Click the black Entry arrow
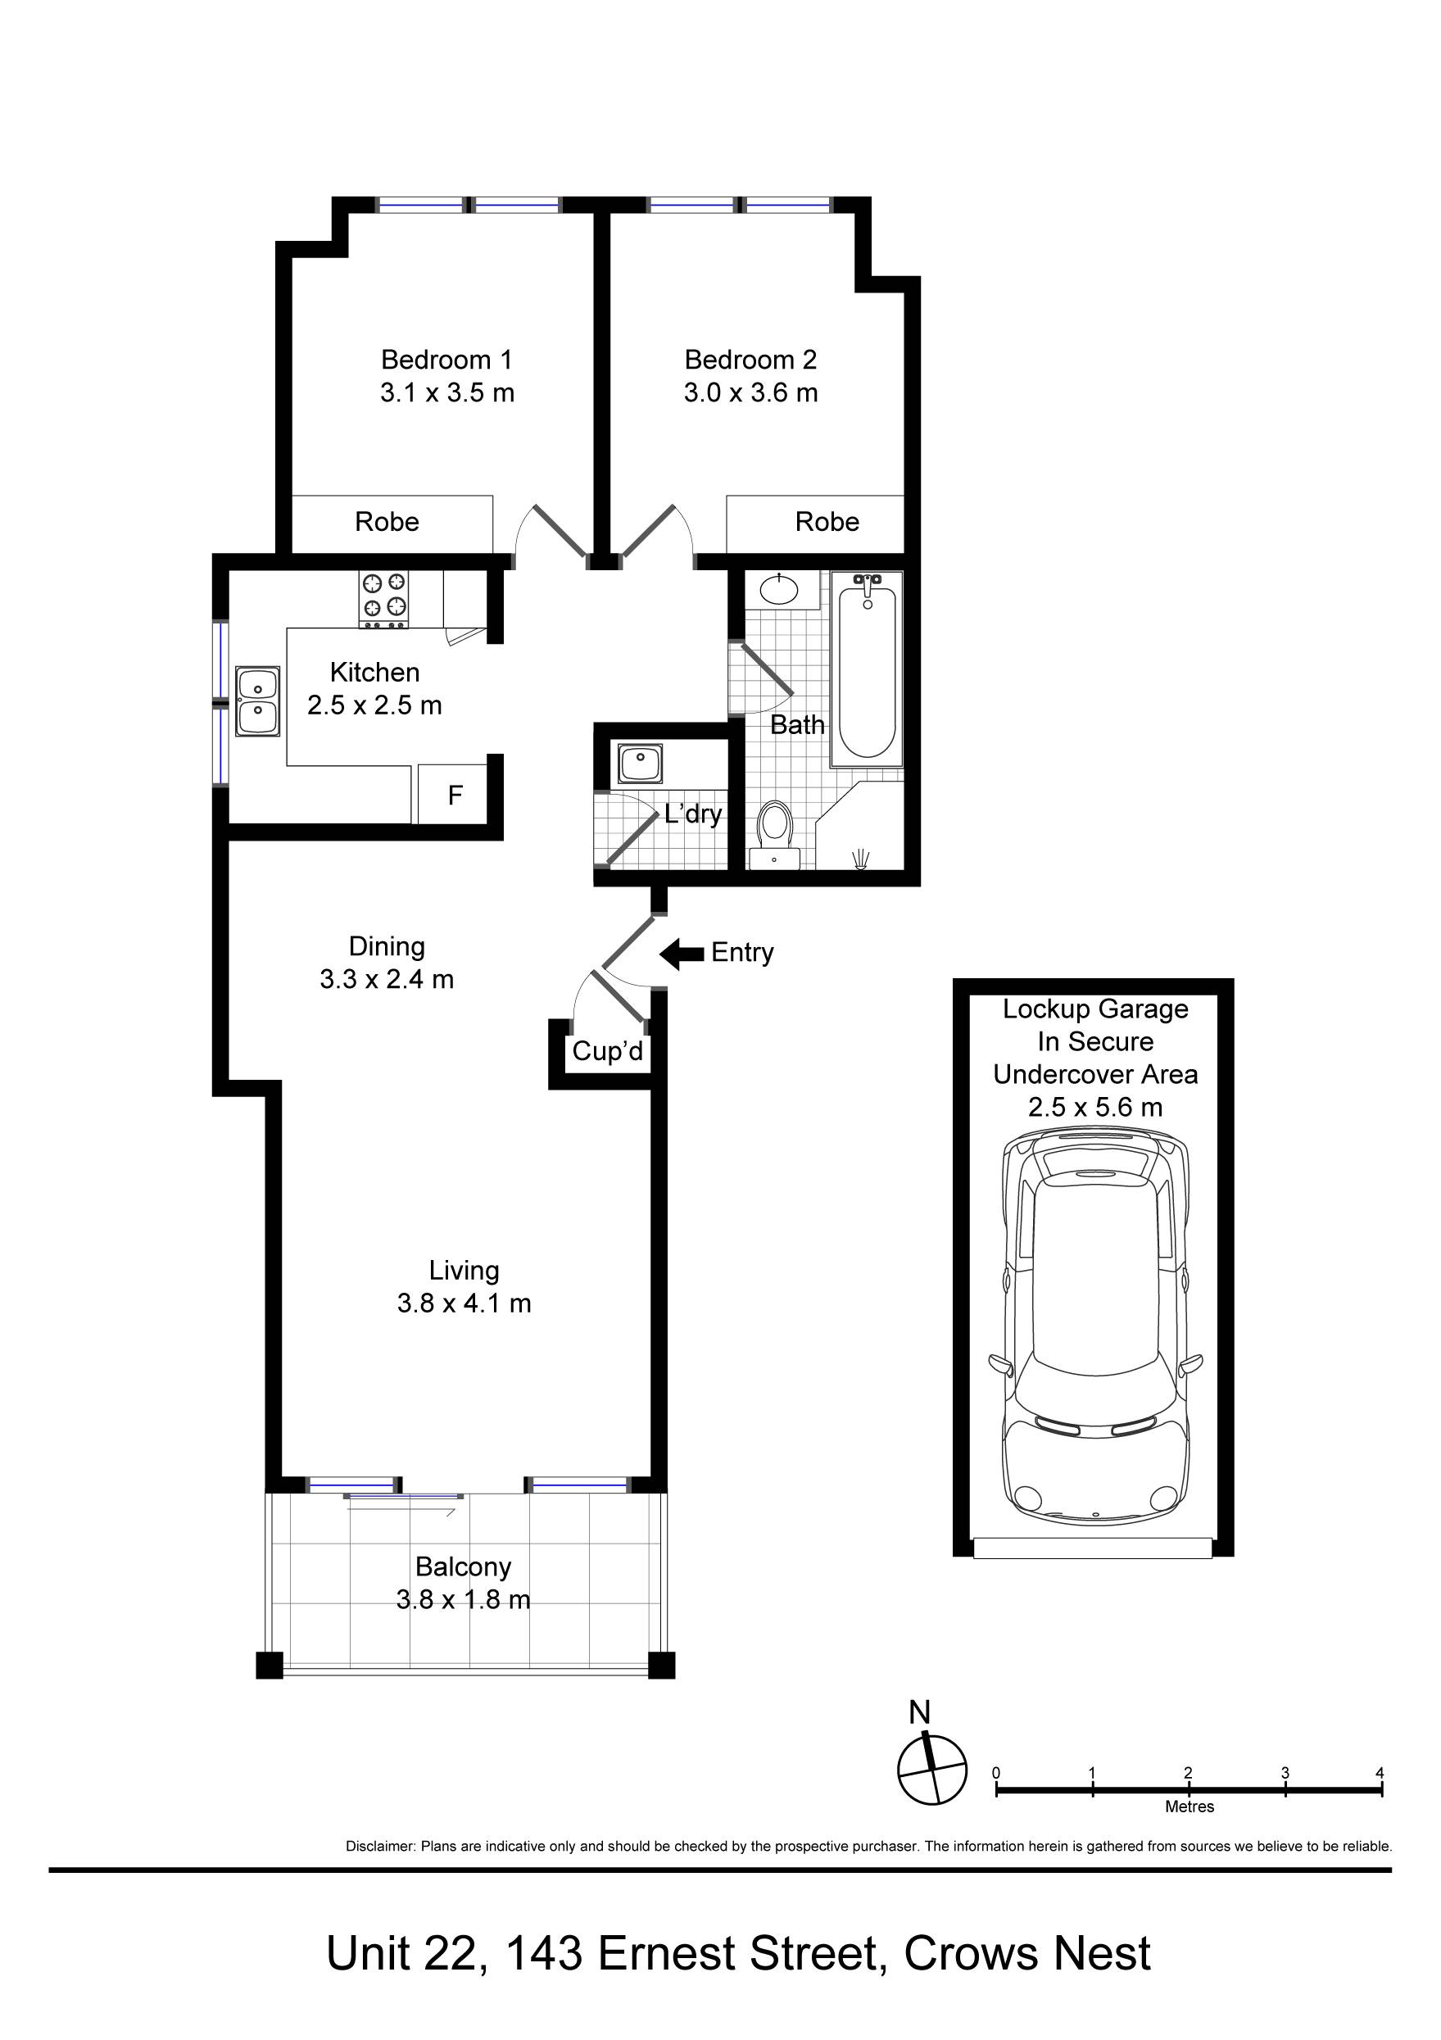pyautogui.click(x=682, y=954)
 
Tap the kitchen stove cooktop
pyautogui.click(x=383, y=599)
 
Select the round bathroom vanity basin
pyautogui.click(x=779, y=589)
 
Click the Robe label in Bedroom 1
pyautogui.click(x=387, y=522)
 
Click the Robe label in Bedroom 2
pyautogui.click(x=827, y=522)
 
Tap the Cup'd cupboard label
pyautogui.click(x=608, y=1051)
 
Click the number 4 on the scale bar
pyautogui.click(x=1380, y=1773)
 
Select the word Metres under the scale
pyautogui.click(x=1190, y=1807)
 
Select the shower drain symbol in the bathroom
pyautogui.click(x=861, y=859)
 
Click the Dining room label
pyautogui.click(x=387, y=946)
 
